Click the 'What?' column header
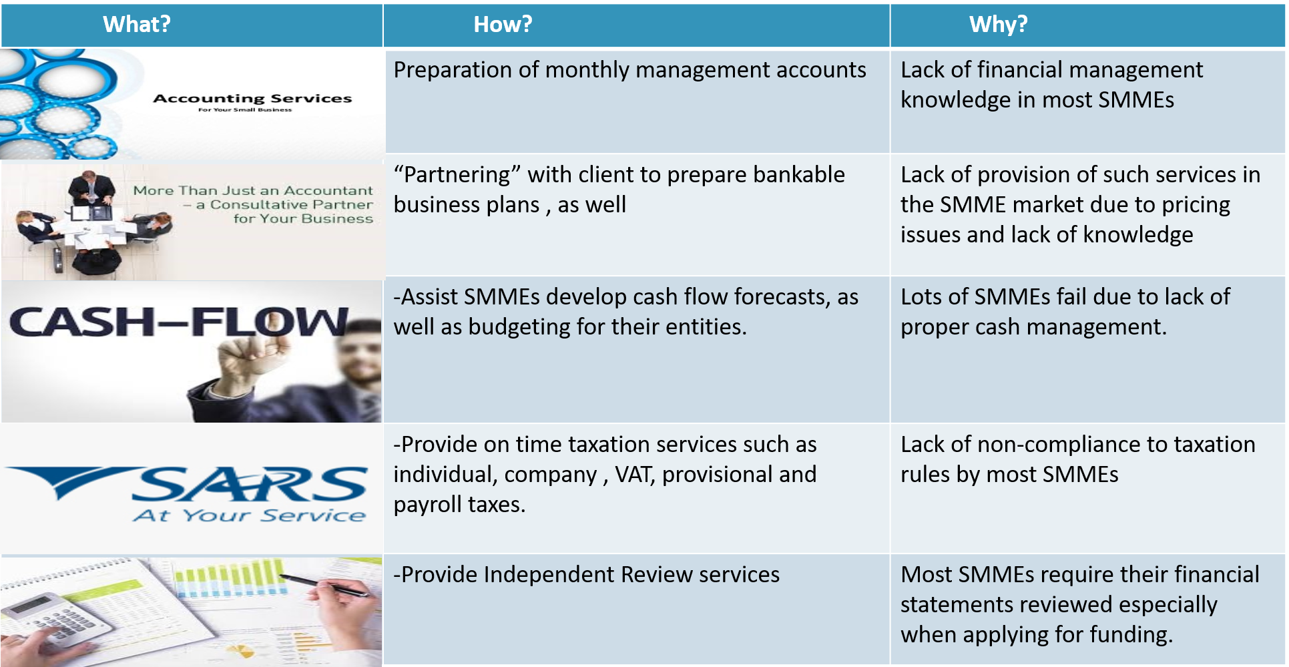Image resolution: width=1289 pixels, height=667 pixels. pyautogui.click(x=137, y=25)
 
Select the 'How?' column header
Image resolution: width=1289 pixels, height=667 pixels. pyautogui.click(x=503, y=25)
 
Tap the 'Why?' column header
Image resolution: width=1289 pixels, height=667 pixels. pyautogui.click(x=998, y=25)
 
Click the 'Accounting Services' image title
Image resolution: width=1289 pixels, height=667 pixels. pyautogui.click(x=252, y=99)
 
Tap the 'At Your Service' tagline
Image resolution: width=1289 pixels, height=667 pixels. pyautogui.click(x=249, y=515)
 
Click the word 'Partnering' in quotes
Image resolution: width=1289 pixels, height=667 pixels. pyautogui.click(x=457, y=175)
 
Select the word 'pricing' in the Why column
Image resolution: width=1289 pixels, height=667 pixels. pyautogui.click(x=1196, y=205)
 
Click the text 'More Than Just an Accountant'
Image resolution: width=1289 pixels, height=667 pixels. pyautogui.click(x=253, y=191)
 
